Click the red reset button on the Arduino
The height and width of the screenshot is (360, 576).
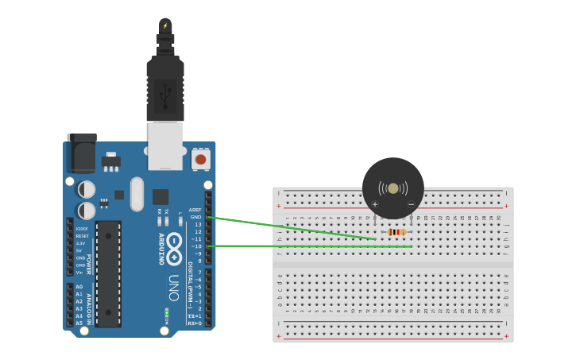coord(200,160)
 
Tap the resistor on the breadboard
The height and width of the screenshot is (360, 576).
coord(396,232)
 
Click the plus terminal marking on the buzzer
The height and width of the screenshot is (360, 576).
coord(375,204)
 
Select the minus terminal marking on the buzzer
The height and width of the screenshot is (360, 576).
coord(411,204)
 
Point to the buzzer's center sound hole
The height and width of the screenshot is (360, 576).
coord(392,188)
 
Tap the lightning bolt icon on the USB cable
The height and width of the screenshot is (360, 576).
coord(165,25)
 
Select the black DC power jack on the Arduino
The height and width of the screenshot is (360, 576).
coord(82,155)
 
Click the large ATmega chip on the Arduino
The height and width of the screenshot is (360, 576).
coord(109,273)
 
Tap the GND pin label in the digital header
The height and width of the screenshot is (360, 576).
coord(195,217)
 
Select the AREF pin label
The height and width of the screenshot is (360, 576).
coord(195,210)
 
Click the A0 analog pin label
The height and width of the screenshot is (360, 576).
coord(79,287)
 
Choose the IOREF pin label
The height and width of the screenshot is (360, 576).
coord(82,229)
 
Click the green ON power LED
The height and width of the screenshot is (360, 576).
coord(166,311)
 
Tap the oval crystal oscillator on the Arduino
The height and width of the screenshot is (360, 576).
coord(137,194)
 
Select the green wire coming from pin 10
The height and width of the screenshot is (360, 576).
coord(310,246)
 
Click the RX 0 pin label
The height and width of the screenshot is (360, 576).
coord(194,323)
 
